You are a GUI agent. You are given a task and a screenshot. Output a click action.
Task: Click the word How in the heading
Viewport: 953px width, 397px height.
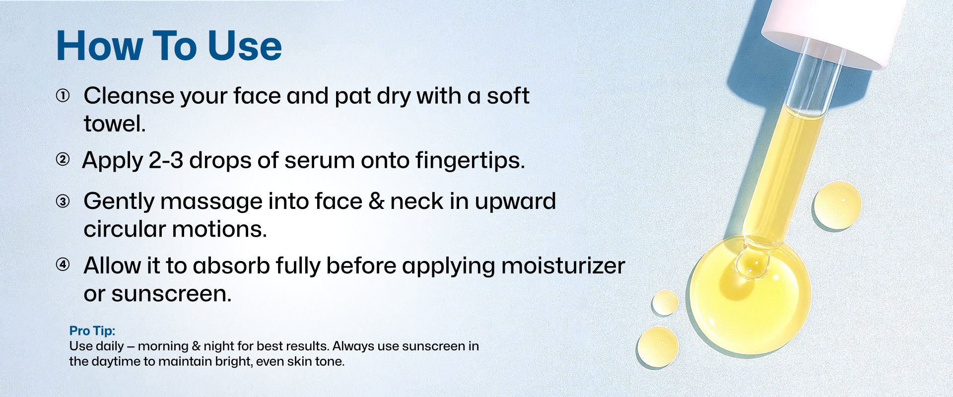click(99, 46)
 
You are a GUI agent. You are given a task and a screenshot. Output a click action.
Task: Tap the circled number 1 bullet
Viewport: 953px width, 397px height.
click(63, 95)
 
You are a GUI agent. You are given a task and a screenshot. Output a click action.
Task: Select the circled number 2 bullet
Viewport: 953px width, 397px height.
click(63, 159)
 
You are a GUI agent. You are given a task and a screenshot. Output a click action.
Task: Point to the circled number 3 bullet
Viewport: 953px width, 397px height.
click(63, 201)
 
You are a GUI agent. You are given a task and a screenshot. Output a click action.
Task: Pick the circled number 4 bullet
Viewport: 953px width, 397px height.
click(63, 265)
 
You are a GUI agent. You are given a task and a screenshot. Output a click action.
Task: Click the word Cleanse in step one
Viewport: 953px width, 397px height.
click(129, 96)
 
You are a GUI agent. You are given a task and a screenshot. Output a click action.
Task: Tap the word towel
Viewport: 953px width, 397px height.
click(115, 124)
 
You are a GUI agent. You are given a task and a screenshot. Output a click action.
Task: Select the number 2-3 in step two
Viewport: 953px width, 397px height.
click(166, 160)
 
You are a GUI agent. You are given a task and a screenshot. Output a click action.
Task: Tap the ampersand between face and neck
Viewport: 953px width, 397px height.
click(377, 201)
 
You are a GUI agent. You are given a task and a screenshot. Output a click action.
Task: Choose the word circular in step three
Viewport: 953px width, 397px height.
click(125, 229)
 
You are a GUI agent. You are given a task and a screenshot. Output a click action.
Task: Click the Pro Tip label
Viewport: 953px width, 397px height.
click(92, 331)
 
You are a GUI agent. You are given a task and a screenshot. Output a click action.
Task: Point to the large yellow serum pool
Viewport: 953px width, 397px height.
click(749, 298)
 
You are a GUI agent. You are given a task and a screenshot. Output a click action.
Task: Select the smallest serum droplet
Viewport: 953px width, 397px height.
click(665, 303)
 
